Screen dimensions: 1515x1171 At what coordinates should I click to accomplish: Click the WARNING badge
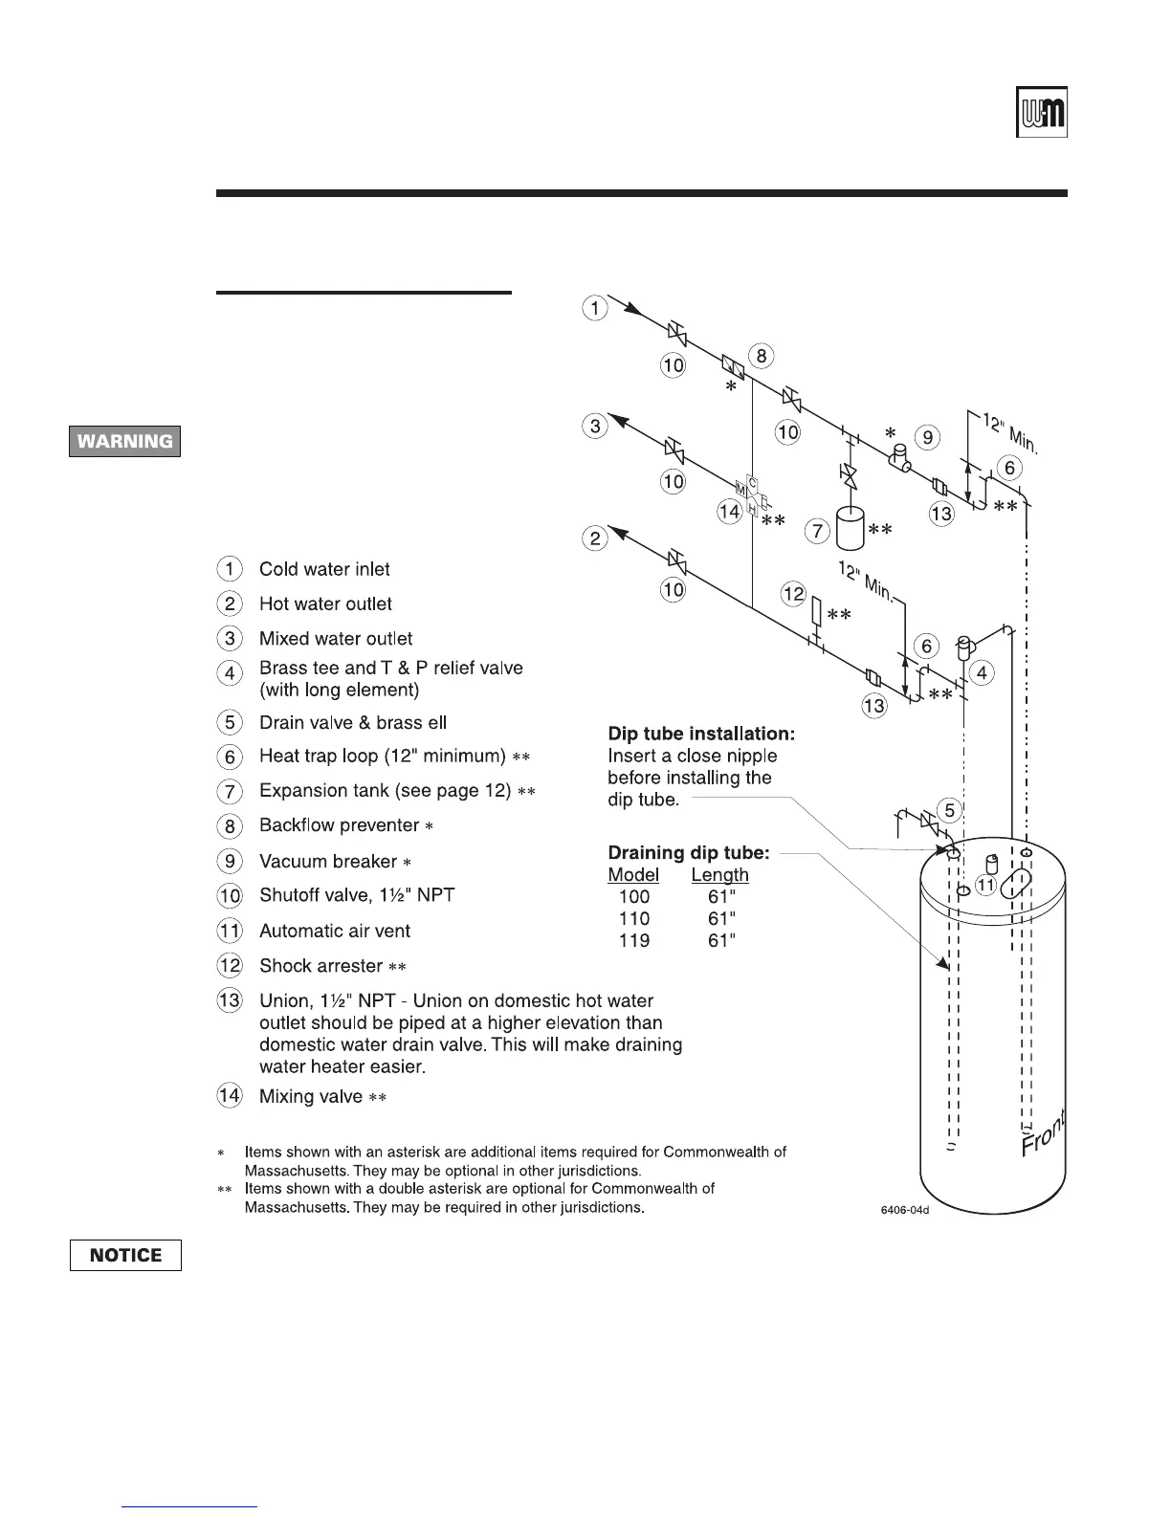pos(124,441)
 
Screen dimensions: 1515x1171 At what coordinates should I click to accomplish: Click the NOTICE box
pos(125,1255)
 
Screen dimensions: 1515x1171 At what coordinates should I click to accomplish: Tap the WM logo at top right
pos(1042,113)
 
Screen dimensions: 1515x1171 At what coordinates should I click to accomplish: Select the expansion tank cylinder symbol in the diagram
pos(850,528)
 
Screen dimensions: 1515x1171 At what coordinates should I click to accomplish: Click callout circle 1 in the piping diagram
pos(595,308)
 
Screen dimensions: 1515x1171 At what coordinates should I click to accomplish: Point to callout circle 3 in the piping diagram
pos(595,426)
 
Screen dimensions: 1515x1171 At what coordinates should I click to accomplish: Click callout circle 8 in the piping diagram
pos(762,357)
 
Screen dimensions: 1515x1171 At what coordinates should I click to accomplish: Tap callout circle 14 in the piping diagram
pos(730,512)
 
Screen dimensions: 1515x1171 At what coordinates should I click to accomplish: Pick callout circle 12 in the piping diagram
pos(794,594)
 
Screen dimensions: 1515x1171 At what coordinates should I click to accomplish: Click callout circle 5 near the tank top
pos(949,811)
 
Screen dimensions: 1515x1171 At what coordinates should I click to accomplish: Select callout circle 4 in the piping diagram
pos(982,672)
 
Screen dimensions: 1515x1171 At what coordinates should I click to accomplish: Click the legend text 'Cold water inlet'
pos(324,569)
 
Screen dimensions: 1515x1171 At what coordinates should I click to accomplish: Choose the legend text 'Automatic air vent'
pos(334,931)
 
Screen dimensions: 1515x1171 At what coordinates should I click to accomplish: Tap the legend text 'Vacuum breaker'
pos(327,861)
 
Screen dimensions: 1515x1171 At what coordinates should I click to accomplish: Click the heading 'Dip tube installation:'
pos(701,734)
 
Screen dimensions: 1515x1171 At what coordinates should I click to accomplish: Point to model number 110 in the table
pos(633,918)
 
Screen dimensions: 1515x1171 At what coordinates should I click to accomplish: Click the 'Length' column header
pos(719,874)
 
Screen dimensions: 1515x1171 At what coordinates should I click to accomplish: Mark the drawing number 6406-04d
pos(905,1210)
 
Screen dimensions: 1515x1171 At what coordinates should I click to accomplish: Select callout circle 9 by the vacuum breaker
pos(926,437)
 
